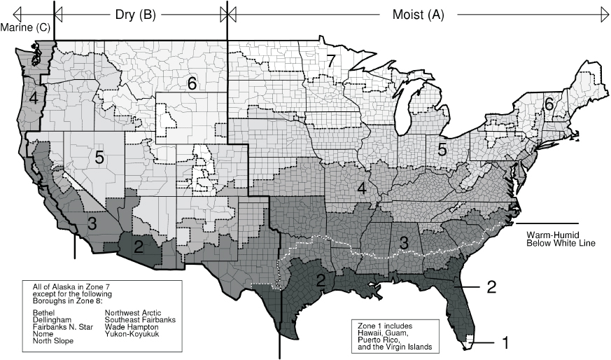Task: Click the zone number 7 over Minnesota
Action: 331,61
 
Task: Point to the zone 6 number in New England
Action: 549,104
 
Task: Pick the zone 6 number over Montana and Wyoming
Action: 191,83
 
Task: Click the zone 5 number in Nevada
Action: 99,158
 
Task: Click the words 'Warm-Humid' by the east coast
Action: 554,235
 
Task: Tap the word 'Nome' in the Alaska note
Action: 43,334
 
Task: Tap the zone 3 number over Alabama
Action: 403,243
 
